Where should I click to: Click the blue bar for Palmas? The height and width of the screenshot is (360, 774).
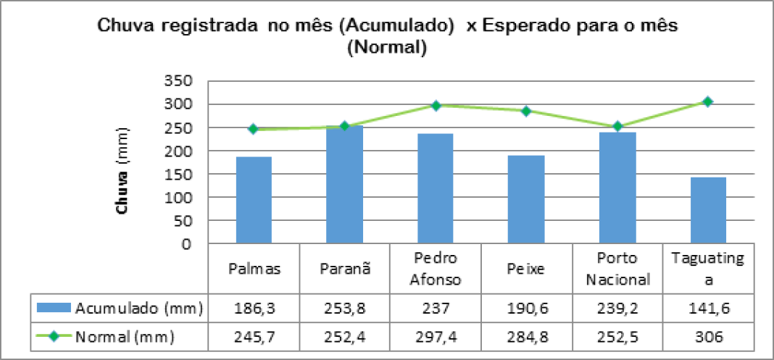254,200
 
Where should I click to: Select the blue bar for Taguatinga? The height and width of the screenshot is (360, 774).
708,210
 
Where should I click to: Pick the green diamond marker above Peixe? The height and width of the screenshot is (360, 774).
527,111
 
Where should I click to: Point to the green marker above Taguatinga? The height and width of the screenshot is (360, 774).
708,101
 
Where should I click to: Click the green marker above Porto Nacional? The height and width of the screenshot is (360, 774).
617,126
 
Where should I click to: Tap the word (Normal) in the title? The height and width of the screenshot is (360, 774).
385,49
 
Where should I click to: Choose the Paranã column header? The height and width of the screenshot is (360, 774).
345,268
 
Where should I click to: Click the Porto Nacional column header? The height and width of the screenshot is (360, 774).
617,268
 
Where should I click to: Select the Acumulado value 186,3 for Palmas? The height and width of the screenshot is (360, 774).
254,308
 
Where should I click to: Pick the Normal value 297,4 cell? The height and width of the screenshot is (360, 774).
436,337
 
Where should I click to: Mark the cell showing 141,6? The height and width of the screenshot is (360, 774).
708,308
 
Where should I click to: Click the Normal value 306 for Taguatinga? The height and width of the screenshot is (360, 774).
708,337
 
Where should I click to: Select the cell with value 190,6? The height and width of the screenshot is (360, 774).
527,308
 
